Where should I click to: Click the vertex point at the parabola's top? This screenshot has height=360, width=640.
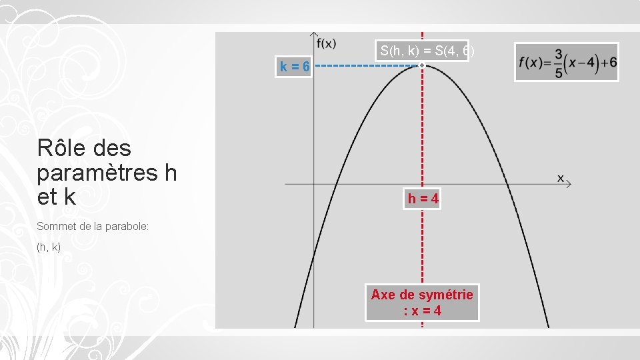click(x=422, y=65)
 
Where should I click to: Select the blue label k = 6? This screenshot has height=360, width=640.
click(x=294, y=67)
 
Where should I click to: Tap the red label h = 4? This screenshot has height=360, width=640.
click(x=423, y=199)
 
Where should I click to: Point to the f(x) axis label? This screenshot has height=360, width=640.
click(x=326, y=44)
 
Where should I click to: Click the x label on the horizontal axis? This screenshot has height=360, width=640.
click(x=561, y=177)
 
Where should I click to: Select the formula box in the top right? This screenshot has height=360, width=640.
click(x=567, y=62)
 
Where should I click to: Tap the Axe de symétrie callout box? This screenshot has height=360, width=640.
click(x=422, y=303)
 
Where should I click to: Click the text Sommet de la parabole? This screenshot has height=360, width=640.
click(x=93, y=227)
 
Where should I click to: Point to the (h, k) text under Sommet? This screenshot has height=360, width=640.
click(x=49, y=247)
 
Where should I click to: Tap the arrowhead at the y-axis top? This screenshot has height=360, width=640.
click(x=314, y=34)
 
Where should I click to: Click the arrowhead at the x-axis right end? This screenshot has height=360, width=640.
click(x=568, y=183)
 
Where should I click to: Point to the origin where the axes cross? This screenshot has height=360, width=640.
click(x=314, y=183)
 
